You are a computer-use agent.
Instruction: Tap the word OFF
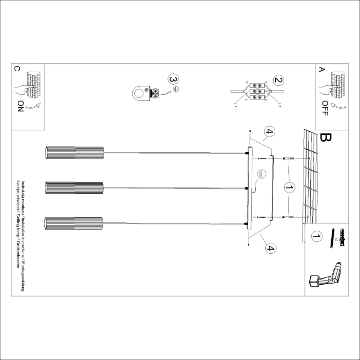tap(325, 108)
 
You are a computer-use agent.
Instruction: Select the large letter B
tap(325, 138)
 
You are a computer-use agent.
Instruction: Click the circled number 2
tap(278, 81)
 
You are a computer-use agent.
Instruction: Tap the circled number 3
tap(173, 79)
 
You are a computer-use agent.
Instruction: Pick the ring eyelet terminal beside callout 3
tap(140, 94)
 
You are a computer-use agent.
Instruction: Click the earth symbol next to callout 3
tap(176, 89)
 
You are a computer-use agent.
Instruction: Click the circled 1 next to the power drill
tap(316, 237)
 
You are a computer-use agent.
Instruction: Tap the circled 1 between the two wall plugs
tap(288, 187)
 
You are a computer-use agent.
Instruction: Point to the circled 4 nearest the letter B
tap(269, 132)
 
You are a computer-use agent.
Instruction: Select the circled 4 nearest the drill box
tap(270, 249)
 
